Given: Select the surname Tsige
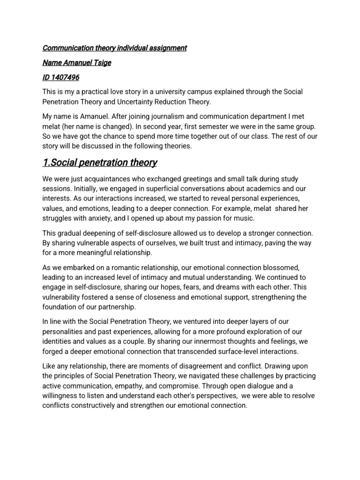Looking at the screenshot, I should coord(101,62).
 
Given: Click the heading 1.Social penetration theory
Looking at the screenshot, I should coord(99,163).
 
